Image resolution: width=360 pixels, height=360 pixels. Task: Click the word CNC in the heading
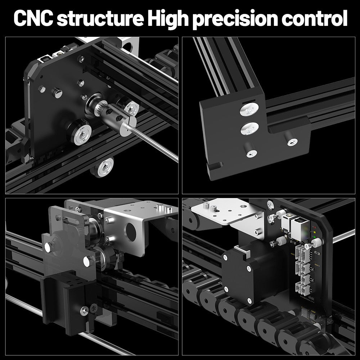click(x=33, y=18)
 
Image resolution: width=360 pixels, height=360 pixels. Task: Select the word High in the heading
click(x=167, y=18)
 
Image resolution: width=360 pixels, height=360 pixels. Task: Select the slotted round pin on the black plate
click(x=57, y=93)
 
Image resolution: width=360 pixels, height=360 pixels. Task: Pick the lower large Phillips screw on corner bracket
click(x=249, y=128)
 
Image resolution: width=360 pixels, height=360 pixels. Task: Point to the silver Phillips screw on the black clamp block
click(x=84, y=310)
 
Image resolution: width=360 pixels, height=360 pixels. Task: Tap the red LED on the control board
click(x=315, y=228)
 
